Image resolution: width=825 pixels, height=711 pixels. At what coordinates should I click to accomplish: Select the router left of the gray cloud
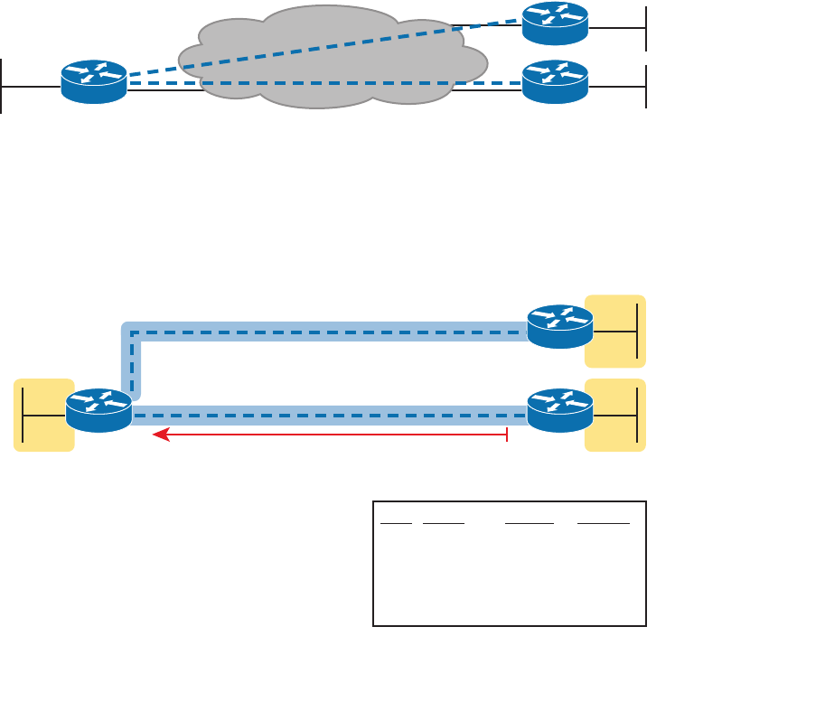pyautogui.click(x=93, y=81)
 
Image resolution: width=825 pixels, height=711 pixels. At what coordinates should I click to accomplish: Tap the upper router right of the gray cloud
pyautogui.click(x=555, y=24)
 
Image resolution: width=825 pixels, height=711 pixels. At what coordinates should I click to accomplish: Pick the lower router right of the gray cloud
pyautogui.click(x=555, y=81)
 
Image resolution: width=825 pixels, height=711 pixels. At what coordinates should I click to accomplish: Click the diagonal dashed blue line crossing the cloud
pyautogui.click(x=325, y=47)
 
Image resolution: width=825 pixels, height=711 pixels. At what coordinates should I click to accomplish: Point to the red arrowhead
pyautogui.click(x=160, y=435)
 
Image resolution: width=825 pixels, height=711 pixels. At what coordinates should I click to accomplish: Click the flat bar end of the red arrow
pyautogui.click(x=507, y=435)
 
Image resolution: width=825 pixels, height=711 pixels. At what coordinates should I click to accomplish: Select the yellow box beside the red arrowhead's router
pyautogui.click(x=43, y=415)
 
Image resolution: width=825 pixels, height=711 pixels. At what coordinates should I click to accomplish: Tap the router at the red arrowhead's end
pyautogui.click(x=98, y=411)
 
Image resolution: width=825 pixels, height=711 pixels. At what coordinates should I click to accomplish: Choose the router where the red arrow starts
pyautogui.click(x=560, y=410)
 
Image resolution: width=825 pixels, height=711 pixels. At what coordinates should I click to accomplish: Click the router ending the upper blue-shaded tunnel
pyautogui.click(x=560, y=327)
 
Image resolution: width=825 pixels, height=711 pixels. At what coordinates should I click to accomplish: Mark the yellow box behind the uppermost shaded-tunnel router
pyautogui.click(x=615, y=331)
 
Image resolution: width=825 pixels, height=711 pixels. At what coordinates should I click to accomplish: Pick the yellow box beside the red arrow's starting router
pyautogui.click(x=615, y=415)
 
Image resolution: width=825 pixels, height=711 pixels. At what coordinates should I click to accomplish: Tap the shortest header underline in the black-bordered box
pyautogui.click(x=396, y=523)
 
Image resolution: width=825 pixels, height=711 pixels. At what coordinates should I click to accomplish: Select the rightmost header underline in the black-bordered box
pyautogui.click(x=604, y=523)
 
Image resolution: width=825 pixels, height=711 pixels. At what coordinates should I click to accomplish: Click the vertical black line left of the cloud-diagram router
pyautogui.click(x=3, y=86)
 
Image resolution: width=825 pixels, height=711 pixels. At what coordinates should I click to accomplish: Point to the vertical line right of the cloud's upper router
pyautogui.click(x=646, y=28)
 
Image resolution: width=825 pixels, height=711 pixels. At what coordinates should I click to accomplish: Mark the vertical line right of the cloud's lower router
pyautogui.click(x=646, y=86)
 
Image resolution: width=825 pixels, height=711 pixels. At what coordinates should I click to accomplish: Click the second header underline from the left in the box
pyautogui.click(x=443, y=523)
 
